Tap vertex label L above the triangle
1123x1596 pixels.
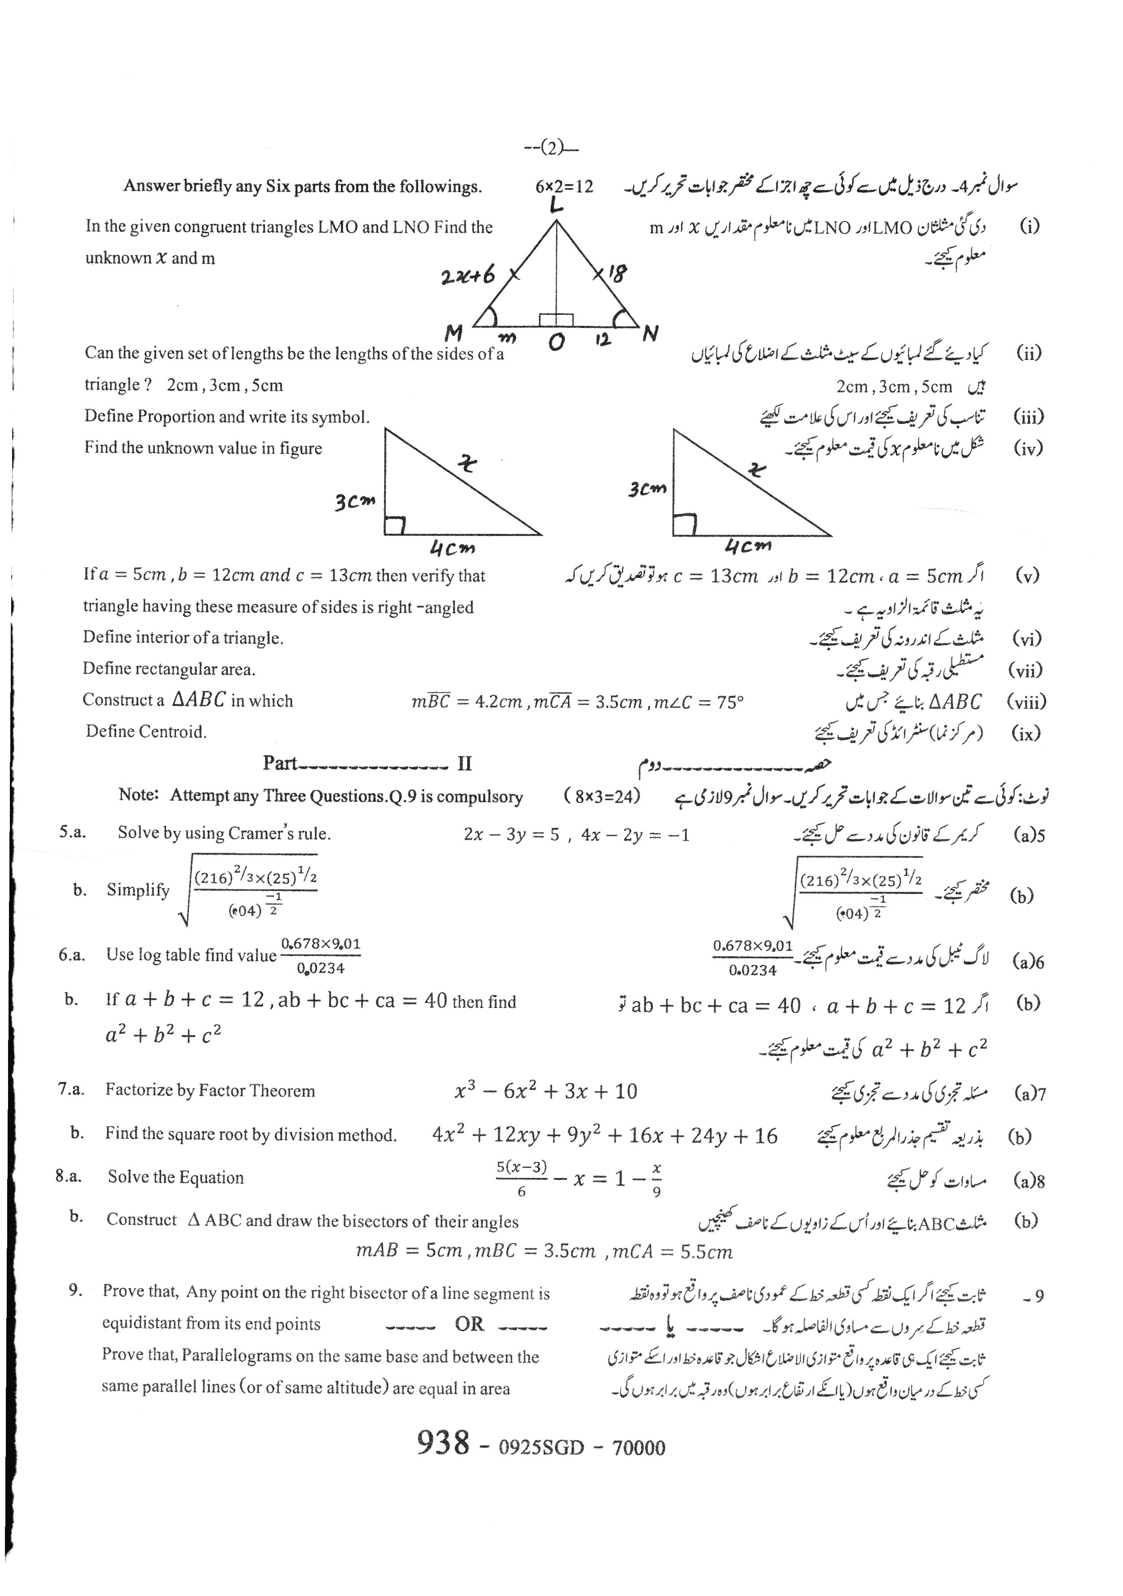[x=556, y=205]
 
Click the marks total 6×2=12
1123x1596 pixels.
[x=564, y=186]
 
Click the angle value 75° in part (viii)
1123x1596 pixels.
[x=730, y=702]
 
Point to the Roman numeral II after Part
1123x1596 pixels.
[x=464, y=764]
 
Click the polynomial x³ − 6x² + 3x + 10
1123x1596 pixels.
[x=546, y=1091]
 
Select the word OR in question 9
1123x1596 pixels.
[x=469, y=1324]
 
